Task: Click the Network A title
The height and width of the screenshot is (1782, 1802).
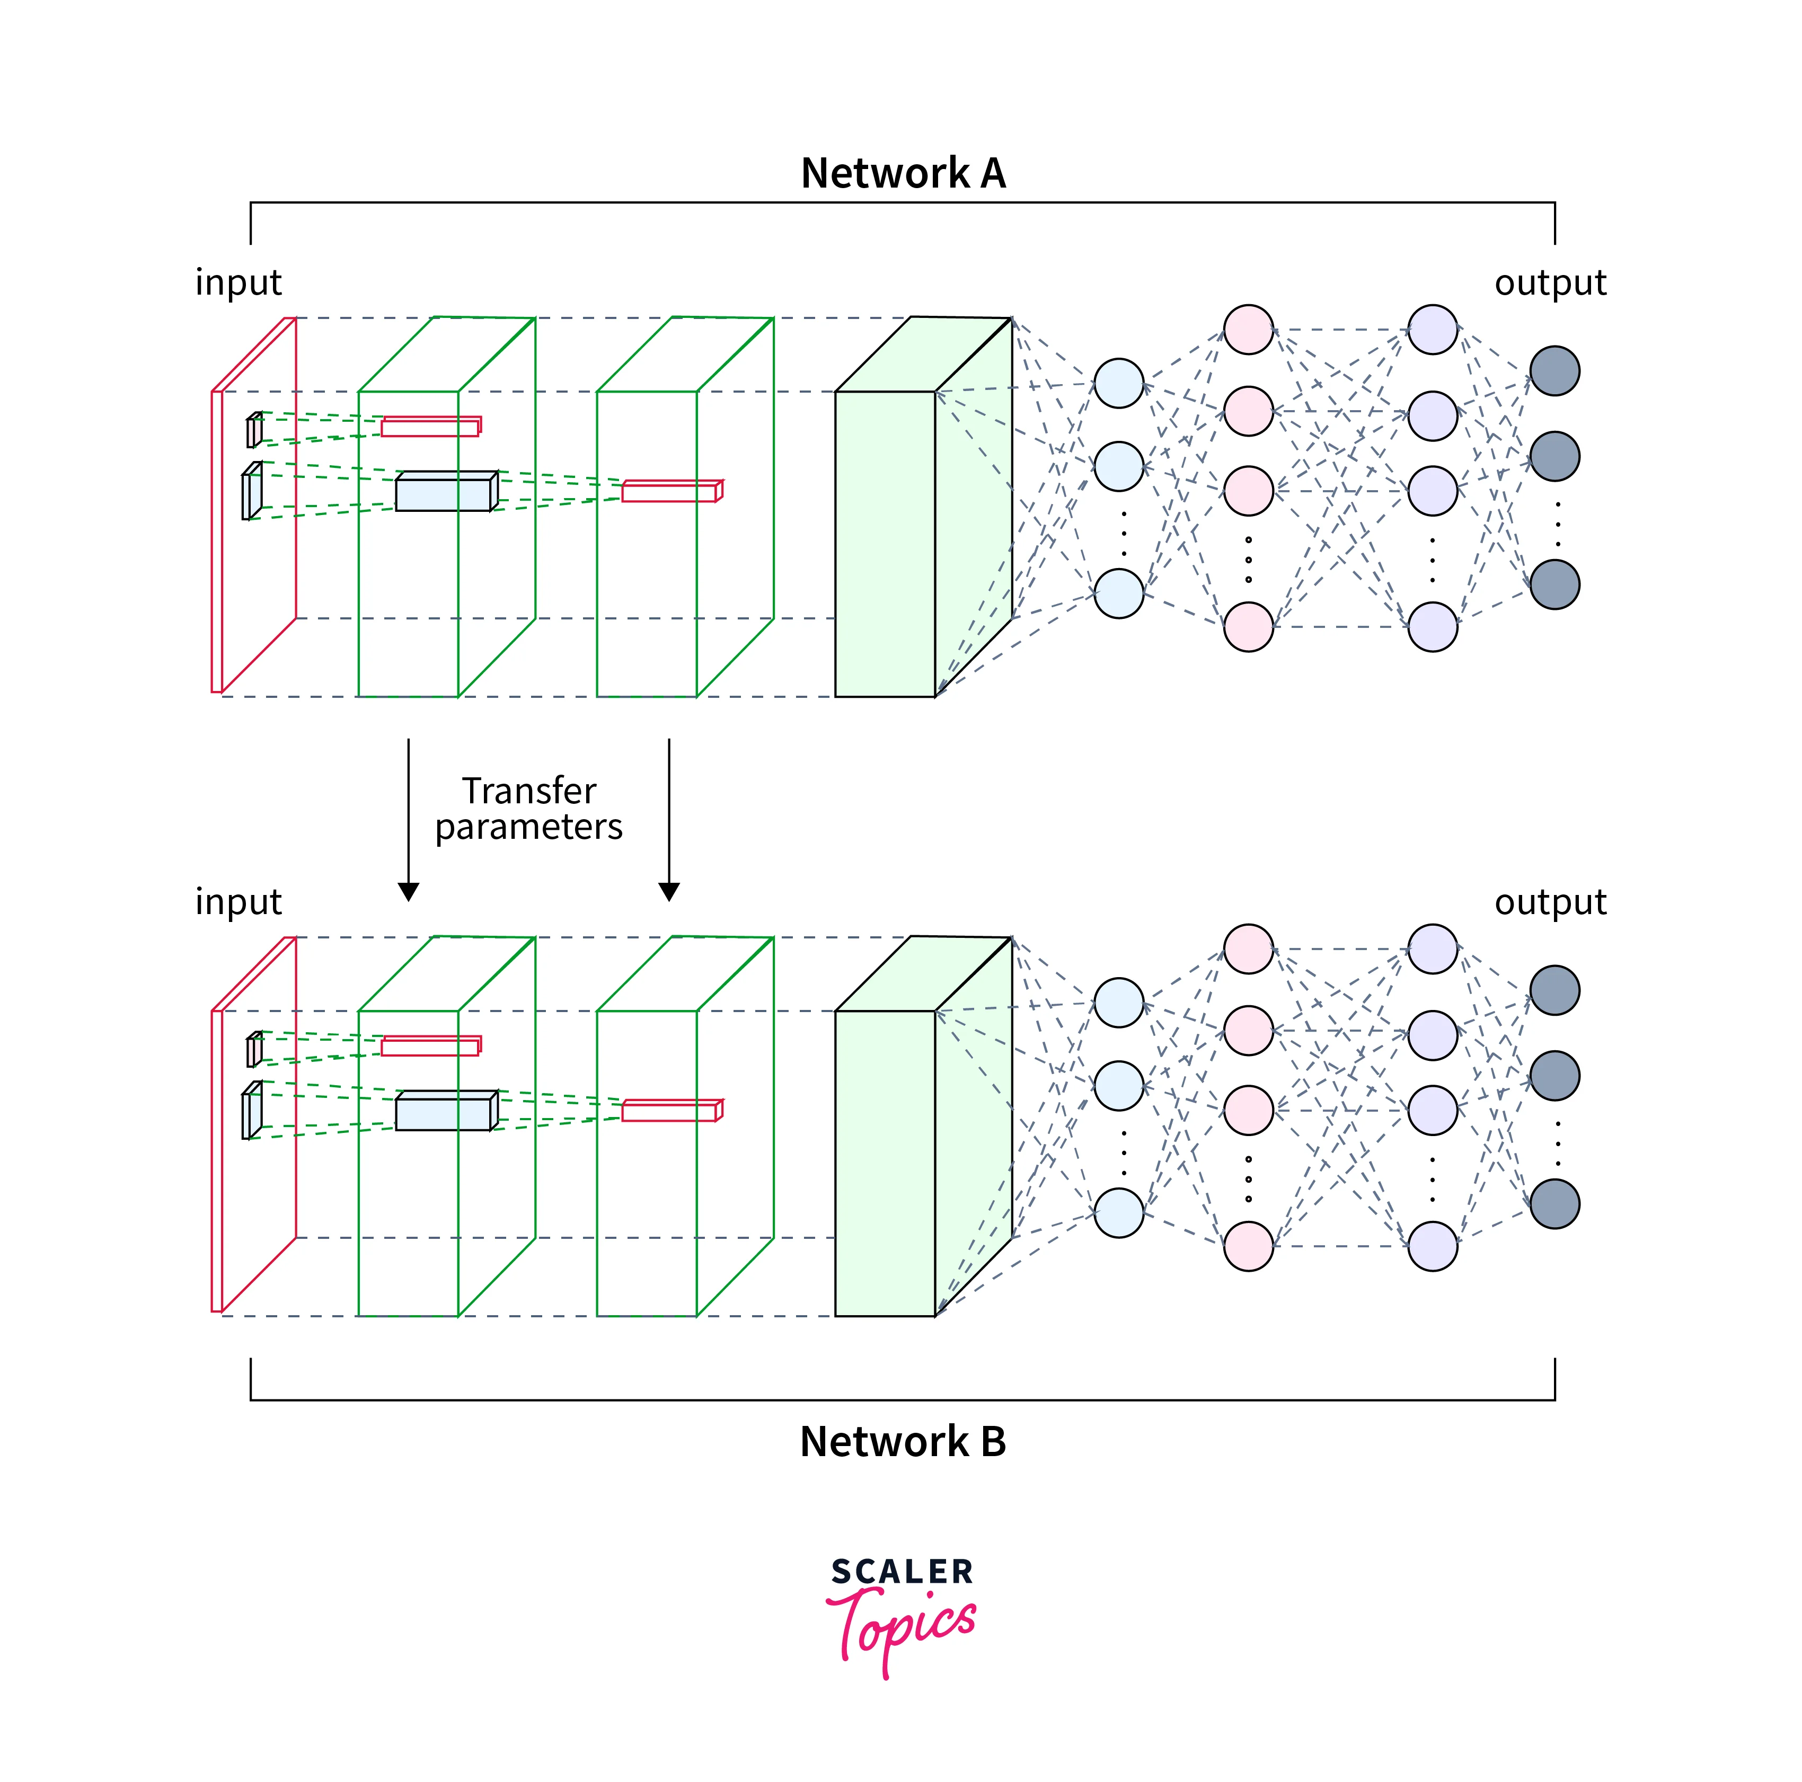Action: click(903, 173)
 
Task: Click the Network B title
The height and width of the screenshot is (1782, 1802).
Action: click(903, 1442)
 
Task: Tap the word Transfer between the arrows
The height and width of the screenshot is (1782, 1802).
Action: click(529, 791)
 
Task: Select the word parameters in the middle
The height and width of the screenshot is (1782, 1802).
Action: click(529, 827)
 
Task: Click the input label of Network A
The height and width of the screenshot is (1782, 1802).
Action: click(238, 282)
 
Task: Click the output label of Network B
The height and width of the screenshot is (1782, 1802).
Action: click(1550, 902)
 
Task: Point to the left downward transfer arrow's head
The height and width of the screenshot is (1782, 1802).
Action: click(409, 891)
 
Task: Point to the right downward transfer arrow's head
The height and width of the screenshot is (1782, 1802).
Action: click(669, 891)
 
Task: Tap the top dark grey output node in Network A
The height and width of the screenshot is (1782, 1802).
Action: click(1555, 371)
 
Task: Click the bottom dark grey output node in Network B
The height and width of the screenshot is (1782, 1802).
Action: click(1555, 1204)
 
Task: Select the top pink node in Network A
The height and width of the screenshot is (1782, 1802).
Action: click(1249, 329)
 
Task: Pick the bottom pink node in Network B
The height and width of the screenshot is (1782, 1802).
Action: click(1249, 1247)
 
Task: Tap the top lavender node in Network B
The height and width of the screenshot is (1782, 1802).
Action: click(1433, 949)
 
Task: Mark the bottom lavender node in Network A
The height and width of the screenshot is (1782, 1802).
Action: click(1433, 627)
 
